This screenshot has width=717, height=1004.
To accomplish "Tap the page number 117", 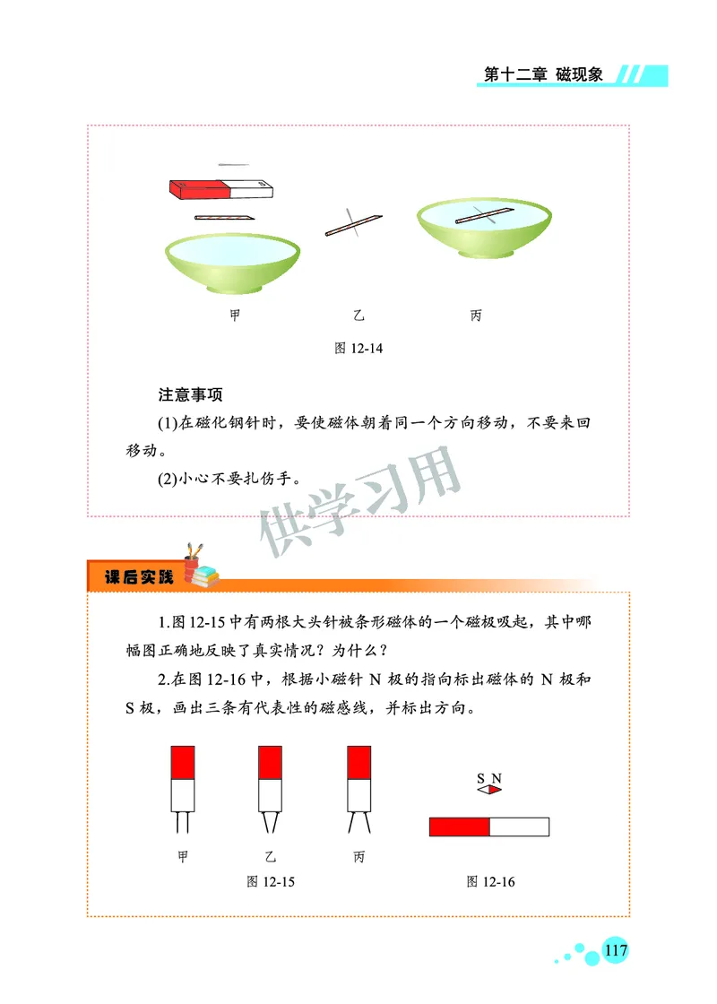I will [x=616, y=950].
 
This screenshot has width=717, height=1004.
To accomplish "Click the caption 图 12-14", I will [x=358, y=348].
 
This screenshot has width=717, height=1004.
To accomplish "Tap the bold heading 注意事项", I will [x=190, y=394].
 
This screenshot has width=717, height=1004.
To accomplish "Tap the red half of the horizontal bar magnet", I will [x=459, y=827].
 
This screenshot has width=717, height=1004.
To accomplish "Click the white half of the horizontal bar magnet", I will [x=519, y=827].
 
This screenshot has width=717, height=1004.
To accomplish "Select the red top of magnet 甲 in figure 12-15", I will [x=183, y=762].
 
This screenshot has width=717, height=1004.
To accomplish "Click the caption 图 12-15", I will [x=271, y=882].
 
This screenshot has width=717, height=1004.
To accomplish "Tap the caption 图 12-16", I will [x=490, y=882].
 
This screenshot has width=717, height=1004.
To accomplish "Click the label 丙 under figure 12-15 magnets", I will [x=358, y=858].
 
